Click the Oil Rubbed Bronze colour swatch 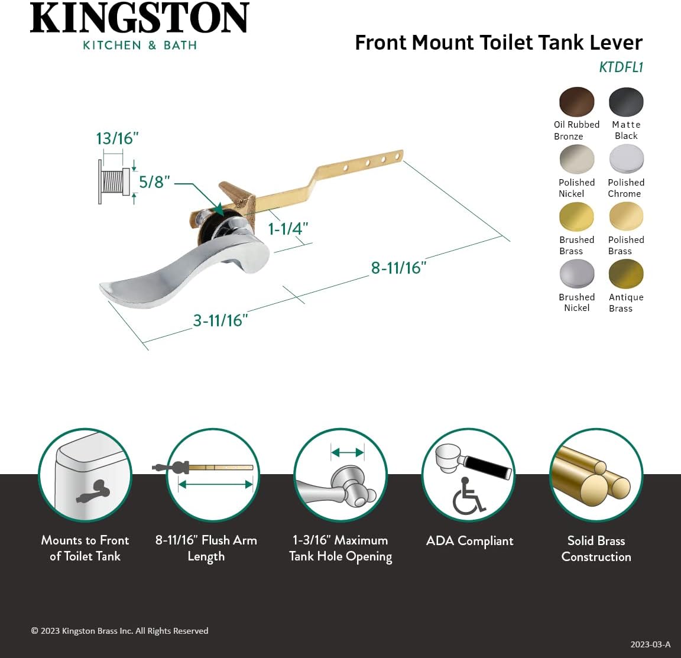(576, 102)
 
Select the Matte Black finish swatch (626, 102)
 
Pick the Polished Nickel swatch (576, 159)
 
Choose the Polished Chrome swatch (626, 159)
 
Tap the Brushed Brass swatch (576, 216)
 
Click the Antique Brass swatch (626, 274)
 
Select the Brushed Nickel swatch (576, 274)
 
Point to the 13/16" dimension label (117, 138)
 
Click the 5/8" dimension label (154, 181)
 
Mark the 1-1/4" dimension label (288, 229)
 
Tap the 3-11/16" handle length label (220, 320)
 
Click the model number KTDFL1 (620, 67)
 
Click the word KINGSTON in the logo (140, 18)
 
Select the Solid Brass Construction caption (596, 549)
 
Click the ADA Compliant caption (469, 541)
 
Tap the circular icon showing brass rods (596, 475)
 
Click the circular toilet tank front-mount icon (85, 475)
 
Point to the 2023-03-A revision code (650, 644)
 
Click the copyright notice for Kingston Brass (119, 631)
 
